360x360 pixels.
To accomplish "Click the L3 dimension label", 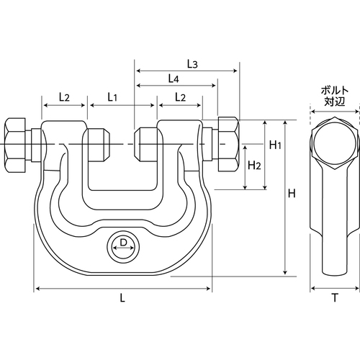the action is click(x=192, y=64).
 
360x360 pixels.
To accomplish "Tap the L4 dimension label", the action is click(x=174, y=78).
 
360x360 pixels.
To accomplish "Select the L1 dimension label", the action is click(x=112, y=97).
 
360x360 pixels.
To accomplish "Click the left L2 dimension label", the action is click(x=64, y=97).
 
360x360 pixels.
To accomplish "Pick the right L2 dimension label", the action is click(x=180, y=97).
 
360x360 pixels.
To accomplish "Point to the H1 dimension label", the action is click(x=275, y=145).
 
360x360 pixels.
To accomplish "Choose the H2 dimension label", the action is click(x=254, y=166).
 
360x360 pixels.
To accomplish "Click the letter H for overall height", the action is click(x=292, y=193).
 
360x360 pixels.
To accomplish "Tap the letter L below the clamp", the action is click(x=122, y=298).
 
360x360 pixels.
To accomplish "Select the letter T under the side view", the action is click(x=335, y=298).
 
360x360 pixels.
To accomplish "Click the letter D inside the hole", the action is click(x=123, y=243).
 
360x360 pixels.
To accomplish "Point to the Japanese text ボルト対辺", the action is click(x=335, y=96).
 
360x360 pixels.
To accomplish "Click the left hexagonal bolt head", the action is click(x=15, y=145).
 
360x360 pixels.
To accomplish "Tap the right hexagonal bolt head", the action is click(x=229, y=144).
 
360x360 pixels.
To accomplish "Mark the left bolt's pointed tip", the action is click(x=109, y=145).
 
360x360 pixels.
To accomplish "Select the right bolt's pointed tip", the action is click(x=135, y=145).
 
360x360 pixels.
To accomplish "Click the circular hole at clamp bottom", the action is click(x=123, y=248).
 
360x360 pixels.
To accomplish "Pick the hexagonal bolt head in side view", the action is click(x=335, y=143).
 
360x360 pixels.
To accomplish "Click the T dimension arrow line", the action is click(x=335, y=288).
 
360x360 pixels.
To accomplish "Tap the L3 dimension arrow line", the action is click(x=187, y=71).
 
